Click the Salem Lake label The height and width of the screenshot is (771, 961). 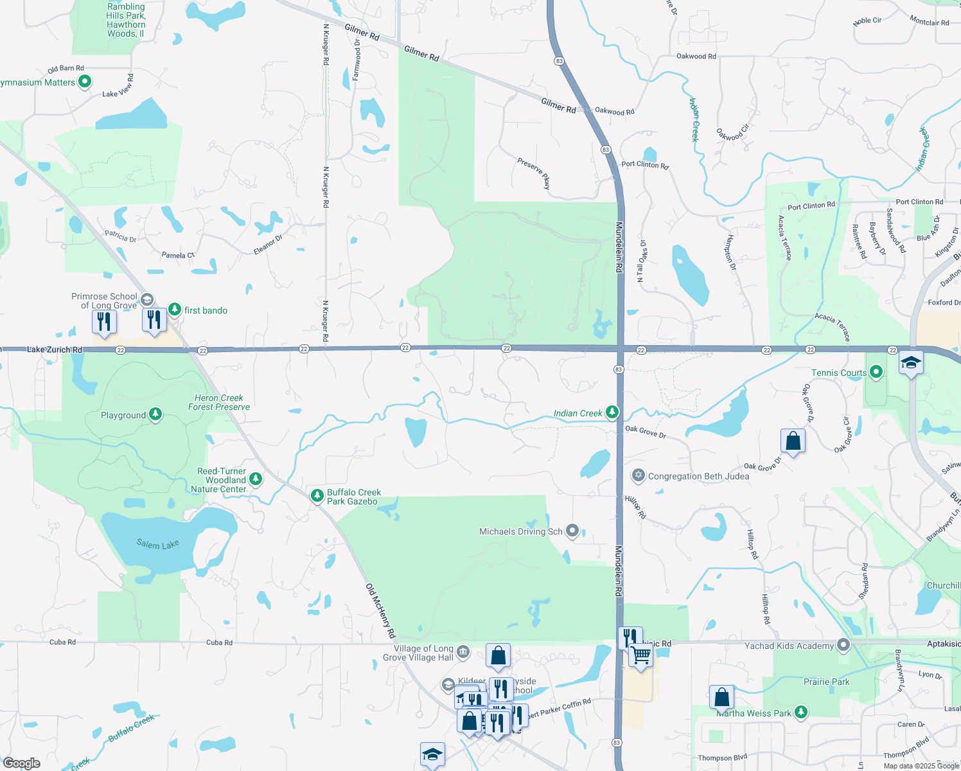point(157,544)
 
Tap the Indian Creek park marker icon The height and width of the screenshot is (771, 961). point(612,412)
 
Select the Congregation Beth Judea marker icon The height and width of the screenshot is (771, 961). point(638,475)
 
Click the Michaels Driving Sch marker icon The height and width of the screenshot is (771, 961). point(572,531)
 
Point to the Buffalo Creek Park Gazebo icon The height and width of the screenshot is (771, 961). point(317,496)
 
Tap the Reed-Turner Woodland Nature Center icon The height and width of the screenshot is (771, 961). point(256,479)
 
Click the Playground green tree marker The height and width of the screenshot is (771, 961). point(155,414)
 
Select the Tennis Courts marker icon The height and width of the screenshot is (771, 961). point(876,372)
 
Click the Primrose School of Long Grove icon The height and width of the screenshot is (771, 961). point(147,300)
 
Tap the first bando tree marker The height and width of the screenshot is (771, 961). point(175,310)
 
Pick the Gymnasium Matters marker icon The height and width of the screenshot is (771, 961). point(85,82)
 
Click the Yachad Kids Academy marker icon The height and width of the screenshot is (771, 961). point(844,645)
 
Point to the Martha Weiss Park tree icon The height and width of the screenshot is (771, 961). point(800,712)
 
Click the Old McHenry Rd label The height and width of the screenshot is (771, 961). point(380,610)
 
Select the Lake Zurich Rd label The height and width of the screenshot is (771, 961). point(55,350)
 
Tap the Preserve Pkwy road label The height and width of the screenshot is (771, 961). point(534,173)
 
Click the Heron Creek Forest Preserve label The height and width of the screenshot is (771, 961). point(219,402)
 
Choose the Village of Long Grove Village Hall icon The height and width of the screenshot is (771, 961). point(463,653)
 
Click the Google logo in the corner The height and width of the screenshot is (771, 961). point(22,763)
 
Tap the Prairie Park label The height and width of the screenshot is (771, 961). point(826,682)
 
